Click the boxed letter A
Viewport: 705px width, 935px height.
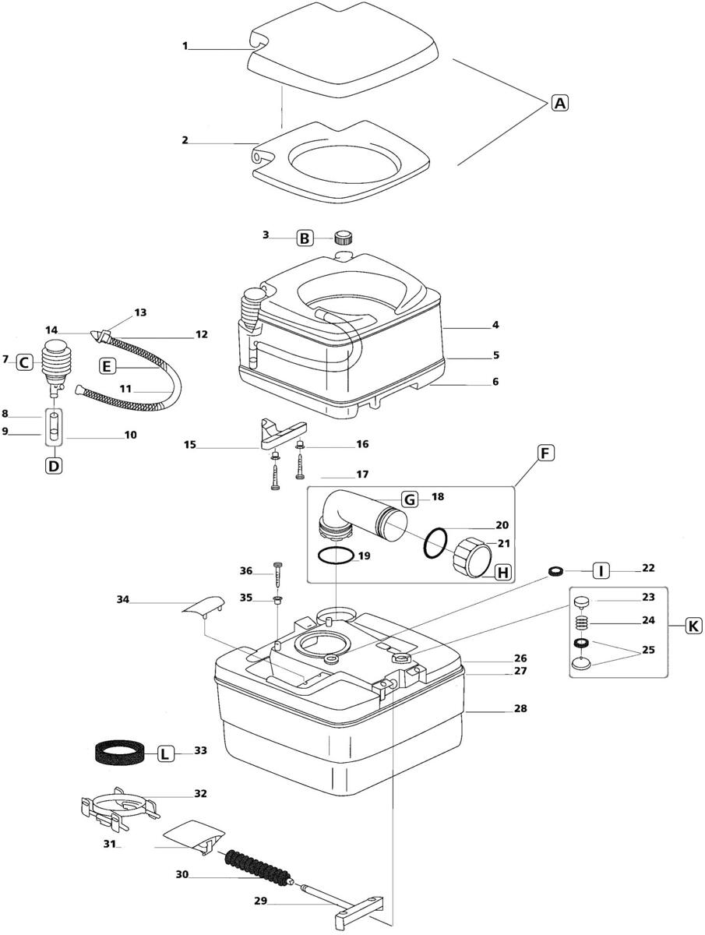(x=560, y=103)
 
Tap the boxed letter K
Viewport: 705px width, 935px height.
(x=693, y=626)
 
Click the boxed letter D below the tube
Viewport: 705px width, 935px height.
(x=54, y=466)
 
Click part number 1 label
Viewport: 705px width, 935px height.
(x=185, y=45)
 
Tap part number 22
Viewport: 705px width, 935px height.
(x=648, y=568)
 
